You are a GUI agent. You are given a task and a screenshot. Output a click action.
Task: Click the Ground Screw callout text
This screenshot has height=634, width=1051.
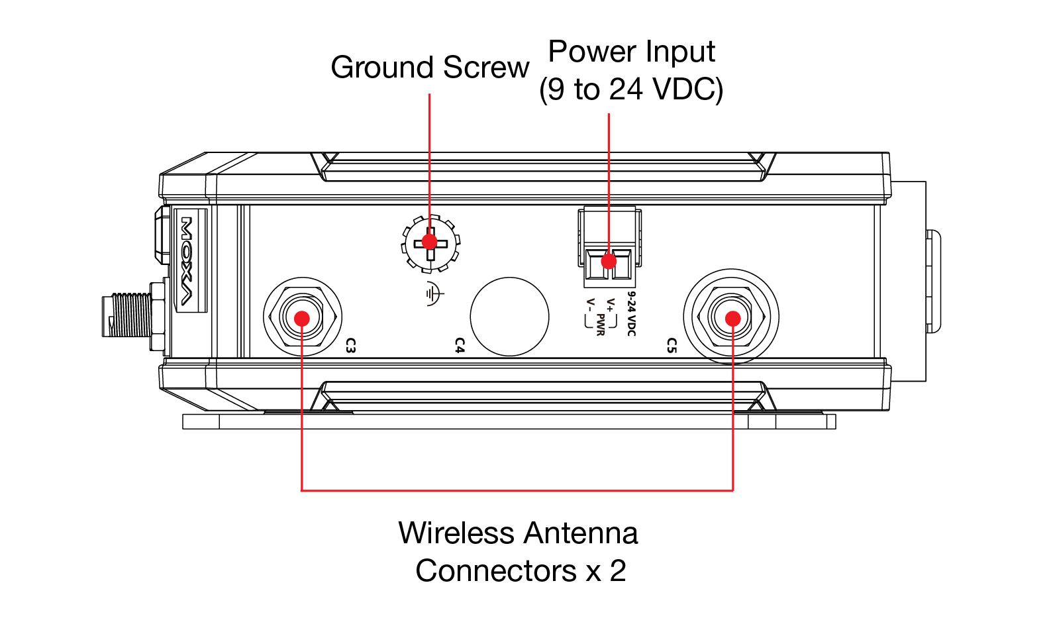(x=430, y=67)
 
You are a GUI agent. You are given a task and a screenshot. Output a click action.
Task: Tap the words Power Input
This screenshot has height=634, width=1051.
(x=632, y=51)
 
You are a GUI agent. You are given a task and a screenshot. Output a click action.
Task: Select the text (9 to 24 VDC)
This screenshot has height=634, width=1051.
(x=632, y=89)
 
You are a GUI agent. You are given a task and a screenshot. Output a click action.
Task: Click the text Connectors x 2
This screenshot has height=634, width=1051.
(x=521, y=570)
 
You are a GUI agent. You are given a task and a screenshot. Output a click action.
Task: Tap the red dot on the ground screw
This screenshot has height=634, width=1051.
(x=429, y=242)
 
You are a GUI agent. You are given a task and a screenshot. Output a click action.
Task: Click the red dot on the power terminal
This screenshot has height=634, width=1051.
(x=609, y=261)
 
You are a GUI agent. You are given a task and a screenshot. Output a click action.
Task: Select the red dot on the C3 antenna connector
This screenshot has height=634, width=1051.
(x=302, y=319)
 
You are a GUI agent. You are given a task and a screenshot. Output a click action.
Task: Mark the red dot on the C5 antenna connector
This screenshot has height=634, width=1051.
(x=732, y=319)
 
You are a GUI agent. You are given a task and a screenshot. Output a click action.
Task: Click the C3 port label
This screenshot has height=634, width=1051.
(x=350, y=345)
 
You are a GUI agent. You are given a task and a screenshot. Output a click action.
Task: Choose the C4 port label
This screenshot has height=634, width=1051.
(x=460, y=345)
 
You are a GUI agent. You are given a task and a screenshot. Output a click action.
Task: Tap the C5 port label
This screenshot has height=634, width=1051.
(x=672, y=345)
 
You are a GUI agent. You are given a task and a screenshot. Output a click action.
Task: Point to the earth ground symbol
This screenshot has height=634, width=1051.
(x=434, y=293)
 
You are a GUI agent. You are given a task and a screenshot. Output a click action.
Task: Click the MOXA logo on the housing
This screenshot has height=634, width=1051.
(x=187, y=261)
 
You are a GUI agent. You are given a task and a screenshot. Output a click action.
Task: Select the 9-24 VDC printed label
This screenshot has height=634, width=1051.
(x=632, y=314)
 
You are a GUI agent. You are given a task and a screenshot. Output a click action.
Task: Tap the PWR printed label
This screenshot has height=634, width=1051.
(x=600, y=325)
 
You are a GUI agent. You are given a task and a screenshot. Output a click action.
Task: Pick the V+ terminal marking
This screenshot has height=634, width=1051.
(x=610, y=305)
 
